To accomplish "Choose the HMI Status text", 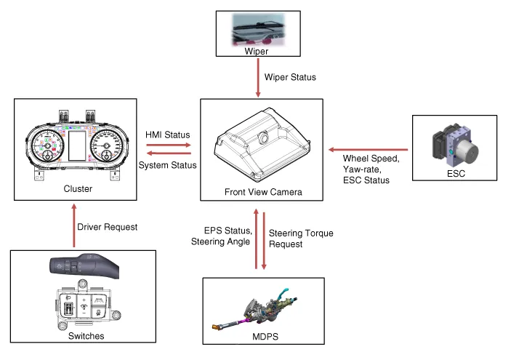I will coord(168,135).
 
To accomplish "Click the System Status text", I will coord(167,166).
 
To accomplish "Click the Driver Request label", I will coord(108,227).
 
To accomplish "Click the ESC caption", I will coord(457,175).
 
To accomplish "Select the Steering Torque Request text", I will coord(291,239).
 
